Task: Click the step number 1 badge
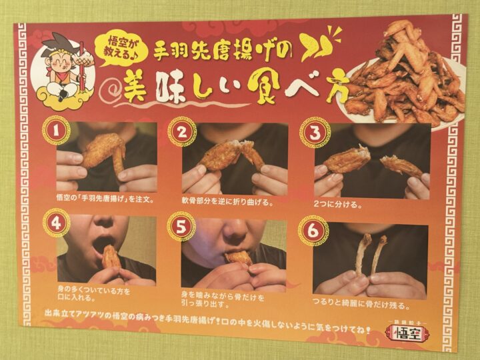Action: (56, 131)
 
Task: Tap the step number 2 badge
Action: (182, 133)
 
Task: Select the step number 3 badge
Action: (315, 133)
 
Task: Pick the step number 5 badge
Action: (181, 227)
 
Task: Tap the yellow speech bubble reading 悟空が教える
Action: (121, 49)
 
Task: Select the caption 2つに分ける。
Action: (337, 204)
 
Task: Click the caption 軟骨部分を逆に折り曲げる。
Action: (227, 201)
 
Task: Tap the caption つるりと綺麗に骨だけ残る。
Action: (361, 303)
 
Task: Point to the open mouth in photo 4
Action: (103, 243)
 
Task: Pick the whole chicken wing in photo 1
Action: (104, 153)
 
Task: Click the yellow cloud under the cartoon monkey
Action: (62, 94)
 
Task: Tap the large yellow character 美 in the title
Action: (135, 87)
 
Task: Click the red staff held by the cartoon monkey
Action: (82, 67)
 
